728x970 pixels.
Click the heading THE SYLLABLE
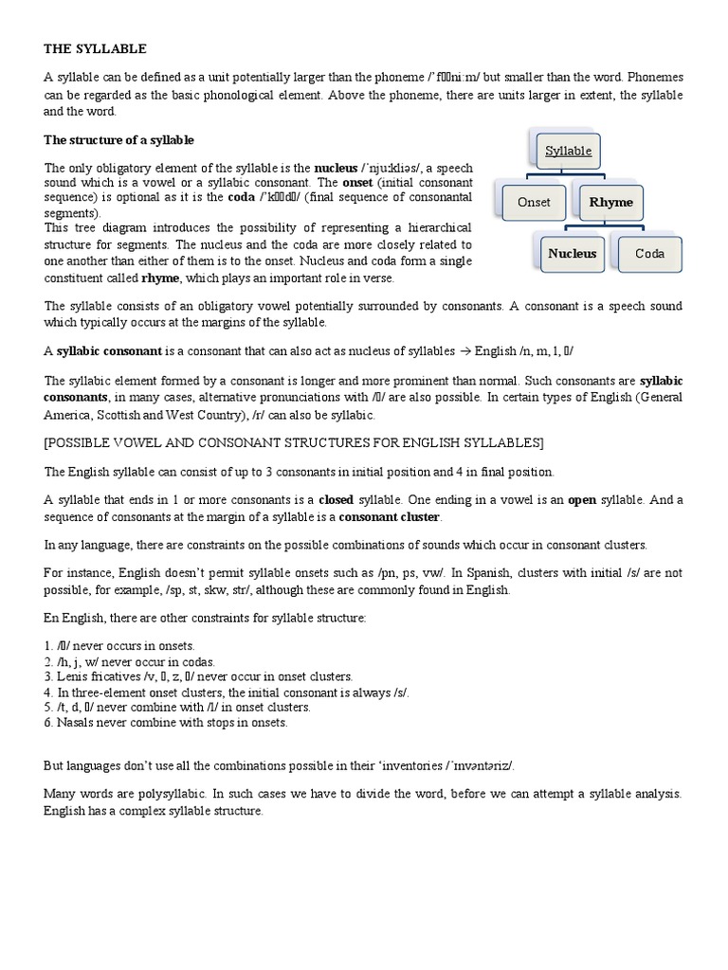click(x=96, y=48)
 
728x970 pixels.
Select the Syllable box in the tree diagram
click(x=568, y=151)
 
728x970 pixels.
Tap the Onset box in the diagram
click(x=534, y=202)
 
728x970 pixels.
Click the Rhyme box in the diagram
click(x=610, y=202)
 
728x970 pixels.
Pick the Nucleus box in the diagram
click(x=572, y=253)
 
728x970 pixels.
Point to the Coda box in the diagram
click(x=649, y=253)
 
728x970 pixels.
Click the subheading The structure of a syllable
click(x=118, y=140)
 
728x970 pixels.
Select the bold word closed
click(x=337, y=500)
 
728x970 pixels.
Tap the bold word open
click(x=581, y=500)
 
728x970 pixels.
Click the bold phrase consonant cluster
click(x=390, y=517)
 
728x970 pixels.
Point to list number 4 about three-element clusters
click(x=227, y=692)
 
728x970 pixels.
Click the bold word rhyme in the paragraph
click(x=159, y=278)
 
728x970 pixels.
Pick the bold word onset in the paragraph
click(x=357, y=182)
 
